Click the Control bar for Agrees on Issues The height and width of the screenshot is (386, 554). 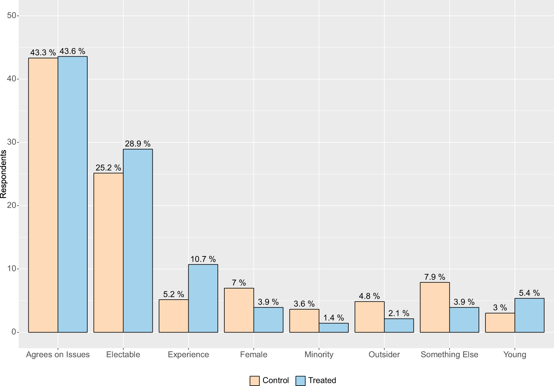(x=43, y=195)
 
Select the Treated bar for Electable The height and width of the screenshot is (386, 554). (x=138, y=241)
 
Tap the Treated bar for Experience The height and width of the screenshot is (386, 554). (x=203, y=298)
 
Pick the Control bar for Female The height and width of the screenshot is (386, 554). (x=239, y=310)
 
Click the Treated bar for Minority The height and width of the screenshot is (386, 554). (x=334, y=328)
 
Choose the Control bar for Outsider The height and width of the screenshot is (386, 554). (x=369, y=317)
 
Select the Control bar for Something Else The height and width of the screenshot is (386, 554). (x=435, y=307)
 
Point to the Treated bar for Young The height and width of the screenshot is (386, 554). (x=529, y=315)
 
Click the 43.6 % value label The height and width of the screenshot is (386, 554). (x=72, y=51)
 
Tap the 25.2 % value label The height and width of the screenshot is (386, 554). (x=108, y=168)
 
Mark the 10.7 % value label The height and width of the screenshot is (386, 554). (x=203, y=259)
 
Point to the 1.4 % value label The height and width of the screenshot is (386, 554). (x=334, y=318)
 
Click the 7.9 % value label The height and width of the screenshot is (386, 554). (x=435, y=277)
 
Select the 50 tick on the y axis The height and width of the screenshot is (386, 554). (x=12, y=16)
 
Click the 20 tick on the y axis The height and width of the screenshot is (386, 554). (x=12, y=205)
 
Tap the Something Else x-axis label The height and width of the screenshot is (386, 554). (x=449, y=355)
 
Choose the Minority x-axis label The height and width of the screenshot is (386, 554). (x=319, y=355)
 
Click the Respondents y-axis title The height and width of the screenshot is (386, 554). (x=3, y=174)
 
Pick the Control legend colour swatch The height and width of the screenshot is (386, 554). (x=254, y=380)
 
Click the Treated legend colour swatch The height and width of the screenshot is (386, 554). (x=301, y=380)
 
